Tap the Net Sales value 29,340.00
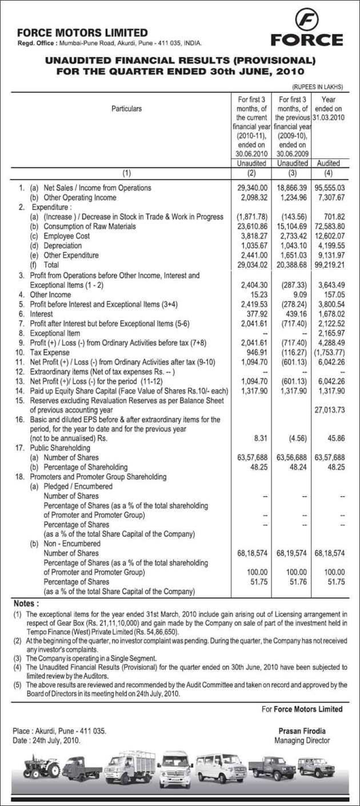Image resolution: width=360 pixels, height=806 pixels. click(x=252, y=188)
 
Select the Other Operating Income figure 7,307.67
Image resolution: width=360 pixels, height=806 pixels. click(x=330, y=198)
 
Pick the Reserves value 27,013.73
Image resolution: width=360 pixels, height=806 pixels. click(x=330, y=410)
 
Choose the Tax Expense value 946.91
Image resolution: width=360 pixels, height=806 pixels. click(x=257, y=353)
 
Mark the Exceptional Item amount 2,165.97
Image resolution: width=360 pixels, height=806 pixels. click(x=330, y=333)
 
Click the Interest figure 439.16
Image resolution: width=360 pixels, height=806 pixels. click(x=296, y=314)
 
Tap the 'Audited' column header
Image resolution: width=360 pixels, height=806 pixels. click(x=329, y=163)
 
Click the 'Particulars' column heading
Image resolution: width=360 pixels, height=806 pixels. click(x=126, y=109)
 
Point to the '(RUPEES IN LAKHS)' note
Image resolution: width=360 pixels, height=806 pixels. click(x=318, y=87)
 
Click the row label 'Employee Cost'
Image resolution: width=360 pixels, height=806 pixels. click(x=67, y=236)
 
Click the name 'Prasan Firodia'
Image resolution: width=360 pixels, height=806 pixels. click(x=302, y=731)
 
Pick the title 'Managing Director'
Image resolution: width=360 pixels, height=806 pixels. click(x=302, y=740)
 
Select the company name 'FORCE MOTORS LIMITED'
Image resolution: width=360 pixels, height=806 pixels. click(x=82, y=33)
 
